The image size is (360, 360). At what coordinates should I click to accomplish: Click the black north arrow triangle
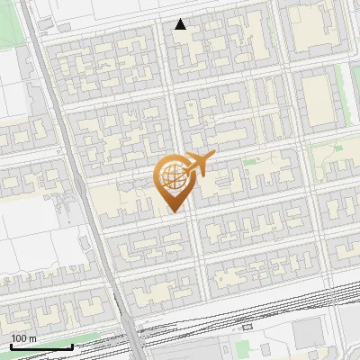tap(181, 24)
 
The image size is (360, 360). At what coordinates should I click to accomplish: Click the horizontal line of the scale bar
tap(41, 346)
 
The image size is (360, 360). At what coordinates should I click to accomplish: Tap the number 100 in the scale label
tap(19, 338)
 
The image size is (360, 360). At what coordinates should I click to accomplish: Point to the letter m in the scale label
tap(33, 338)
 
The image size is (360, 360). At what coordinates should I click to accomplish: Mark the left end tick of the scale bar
tap(11, 345)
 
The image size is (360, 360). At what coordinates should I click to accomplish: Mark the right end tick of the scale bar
tap(72, 345)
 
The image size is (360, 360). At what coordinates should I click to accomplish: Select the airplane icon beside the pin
tap(198, 165)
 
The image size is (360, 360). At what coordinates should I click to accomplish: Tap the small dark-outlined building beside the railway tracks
tap(248, 326)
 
